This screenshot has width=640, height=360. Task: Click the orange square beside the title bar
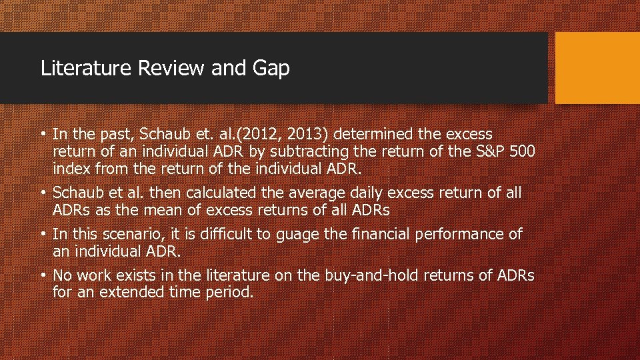(x=597, y=68)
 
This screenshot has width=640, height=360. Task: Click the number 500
(x=521, y=152)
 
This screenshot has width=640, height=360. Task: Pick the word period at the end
(x=229, y=293)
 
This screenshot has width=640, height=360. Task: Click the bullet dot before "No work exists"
(x=43, y=275)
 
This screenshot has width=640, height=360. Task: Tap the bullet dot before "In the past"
(x=43, y=135)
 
